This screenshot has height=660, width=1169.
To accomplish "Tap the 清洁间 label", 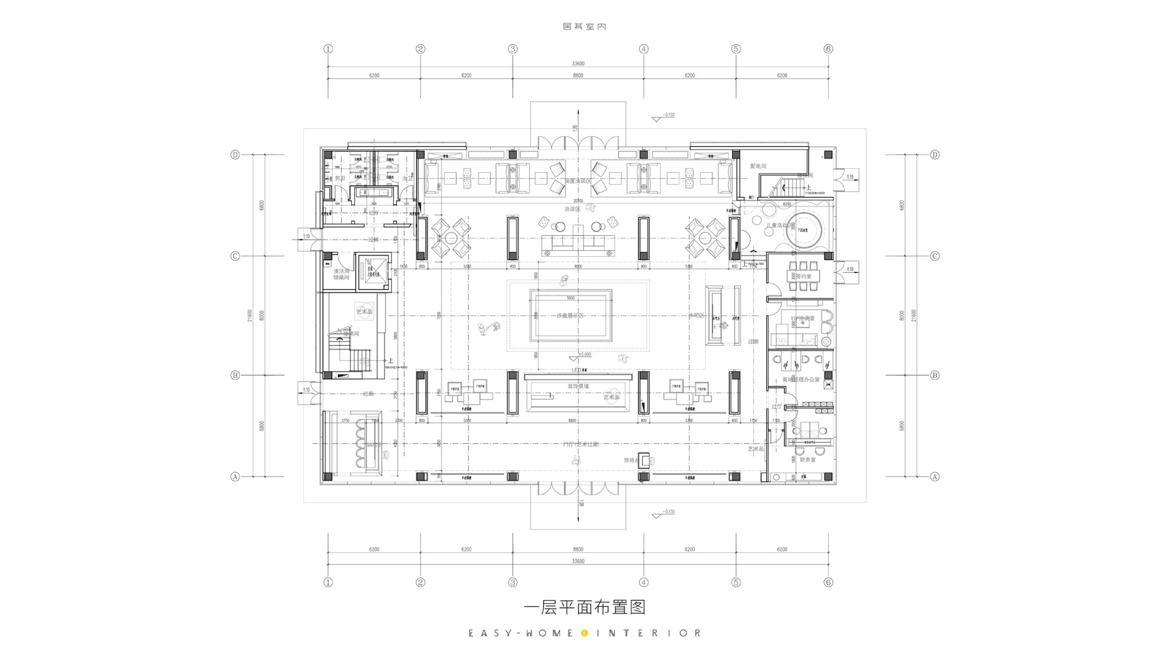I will (341, 271).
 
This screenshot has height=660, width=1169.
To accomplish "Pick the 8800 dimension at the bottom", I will (578, 549).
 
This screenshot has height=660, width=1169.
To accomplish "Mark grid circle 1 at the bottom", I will (328, 582).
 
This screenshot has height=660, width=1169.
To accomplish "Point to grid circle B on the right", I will (934, 375).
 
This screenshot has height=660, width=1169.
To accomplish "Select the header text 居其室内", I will (585, 26).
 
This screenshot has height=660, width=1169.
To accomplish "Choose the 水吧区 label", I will (696, 315).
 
